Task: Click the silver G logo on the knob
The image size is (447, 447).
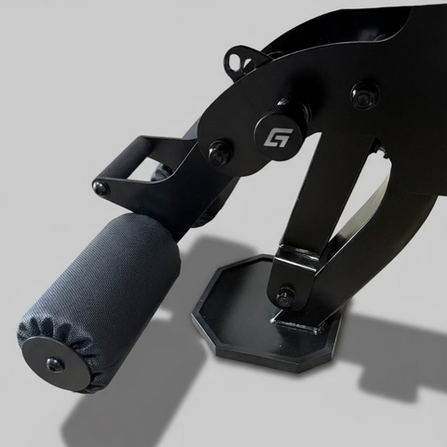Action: pyautogui.click(x=276, y=136)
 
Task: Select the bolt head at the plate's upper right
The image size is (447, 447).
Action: pyautogui.click(x=363, y=94)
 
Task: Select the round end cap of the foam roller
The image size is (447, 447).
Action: pyautogui.click(x=55, y=362)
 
